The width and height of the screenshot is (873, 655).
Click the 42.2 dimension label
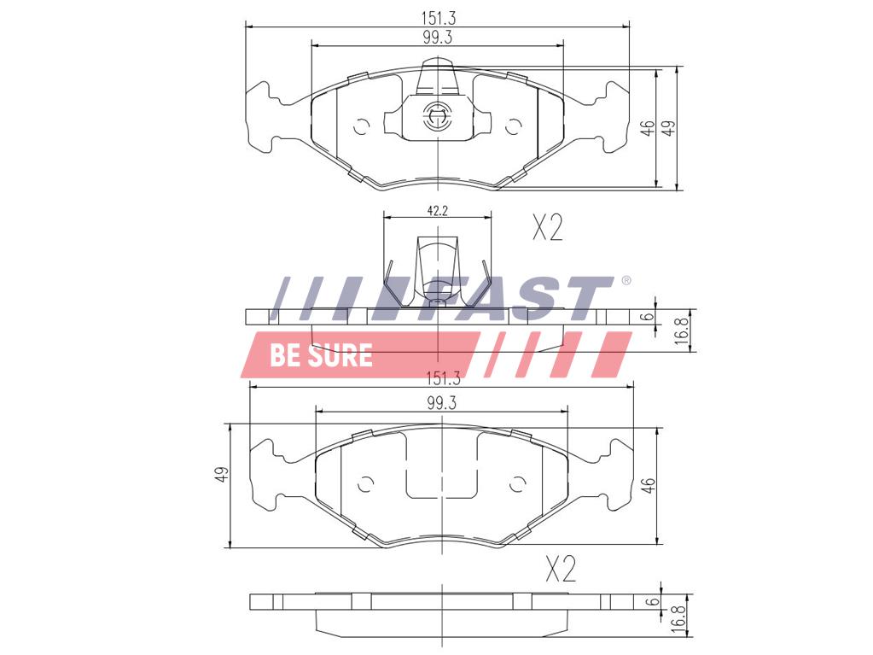[438, 211]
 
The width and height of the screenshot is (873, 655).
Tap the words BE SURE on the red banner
[321, 354]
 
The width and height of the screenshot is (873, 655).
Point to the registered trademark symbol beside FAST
[626, 280]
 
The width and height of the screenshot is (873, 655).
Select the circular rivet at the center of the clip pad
[437, 116]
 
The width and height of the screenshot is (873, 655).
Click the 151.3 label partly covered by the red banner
[443, 379]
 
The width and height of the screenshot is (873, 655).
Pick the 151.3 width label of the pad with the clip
[438, 18]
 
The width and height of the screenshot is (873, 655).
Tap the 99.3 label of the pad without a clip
[442, 403]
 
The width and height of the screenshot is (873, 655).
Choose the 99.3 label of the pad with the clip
[437, 38]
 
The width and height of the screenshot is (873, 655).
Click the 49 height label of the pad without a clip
[223, 475]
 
